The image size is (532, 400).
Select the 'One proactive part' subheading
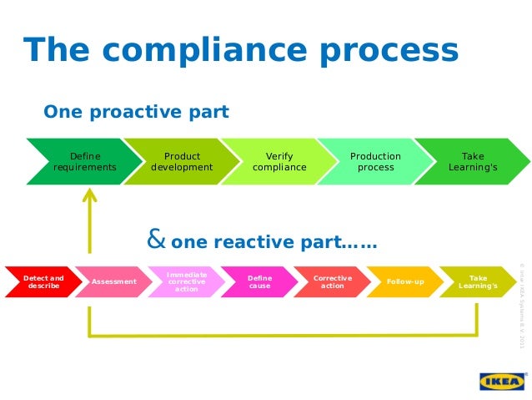coord(135,112)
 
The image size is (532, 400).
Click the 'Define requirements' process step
coord(85,162)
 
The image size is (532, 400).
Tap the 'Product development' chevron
coord(182,162)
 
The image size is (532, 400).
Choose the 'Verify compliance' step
coord(279,162)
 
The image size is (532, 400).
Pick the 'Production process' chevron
coord(375,162)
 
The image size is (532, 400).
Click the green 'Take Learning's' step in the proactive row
coord(473,162)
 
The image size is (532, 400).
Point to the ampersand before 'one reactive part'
coord(155,242)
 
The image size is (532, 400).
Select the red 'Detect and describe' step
coord(42,282)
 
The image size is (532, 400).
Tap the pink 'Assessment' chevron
coord(114,282)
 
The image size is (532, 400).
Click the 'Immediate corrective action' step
coord(187,282)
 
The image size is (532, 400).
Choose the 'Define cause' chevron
coord(259,282)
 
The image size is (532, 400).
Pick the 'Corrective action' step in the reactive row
coord(332,282)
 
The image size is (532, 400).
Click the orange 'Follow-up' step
coord(405,282)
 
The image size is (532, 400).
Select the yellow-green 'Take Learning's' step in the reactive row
coord(478,282)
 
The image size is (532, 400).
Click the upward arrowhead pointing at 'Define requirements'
coord(88,197)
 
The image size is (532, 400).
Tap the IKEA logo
coord(502,381)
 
